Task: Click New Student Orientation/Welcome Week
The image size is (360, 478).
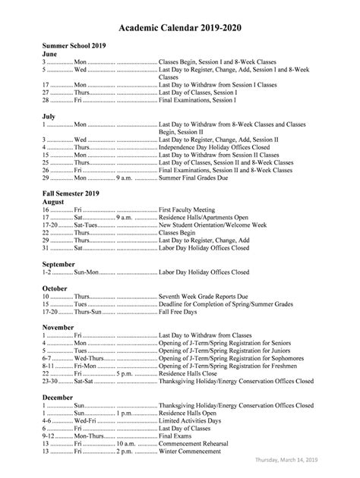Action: (213, 225)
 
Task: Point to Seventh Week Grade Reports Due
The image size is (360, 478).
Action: (205, 296)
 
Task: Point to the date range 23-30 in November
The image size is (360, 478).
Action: (51, 382)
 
